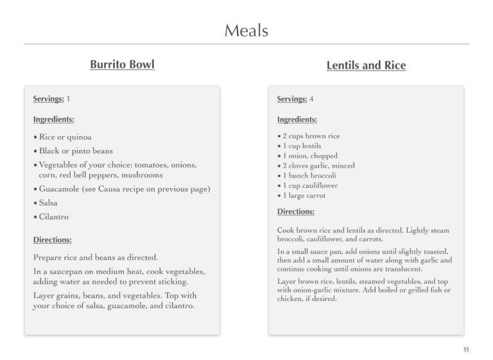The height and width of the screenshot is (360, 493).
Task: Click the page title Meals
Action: click(246, 30)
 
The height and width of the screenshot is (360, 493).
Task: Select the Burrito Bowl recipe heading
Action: click(122, 65)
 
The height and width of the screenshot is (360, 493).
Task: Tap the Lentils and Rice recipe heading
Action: click(366, 65)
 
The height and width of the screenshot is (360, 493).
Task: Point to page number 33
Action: click(465, 349)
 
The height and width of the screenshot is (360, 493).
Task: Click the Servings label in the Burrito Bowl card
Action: click(48, 99)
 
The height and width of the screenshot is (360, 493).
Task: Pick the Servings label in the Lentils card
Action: click(292, 99)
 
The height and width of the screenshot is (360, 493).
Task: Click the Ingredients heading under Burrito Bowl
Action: click(53, 119)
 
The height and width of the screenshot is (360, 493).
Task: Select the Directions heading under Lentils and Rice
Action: click(296, 211)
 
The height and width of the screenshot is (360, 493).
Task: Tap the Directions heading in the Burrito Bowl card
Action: click(52, 240)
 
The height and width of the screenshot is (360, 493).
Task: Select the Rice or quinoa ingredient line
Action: click(65, 137)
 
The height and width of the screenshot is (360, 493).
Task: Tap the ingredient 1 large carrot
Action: click(304, 196)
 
